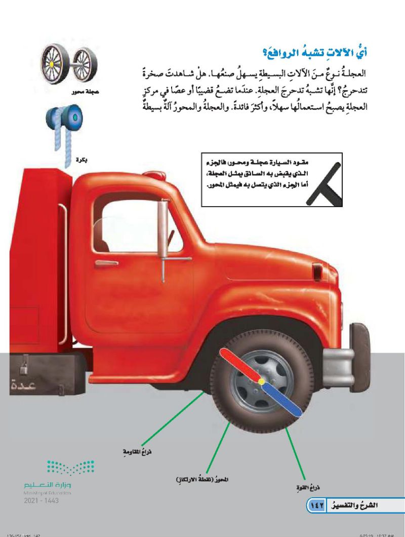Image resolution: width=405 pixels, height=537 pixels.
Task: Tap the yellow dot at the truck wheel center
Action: [x=261, y=381]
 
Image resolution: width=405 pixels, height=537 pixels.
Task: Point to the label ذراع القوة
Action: [x=309, y=487]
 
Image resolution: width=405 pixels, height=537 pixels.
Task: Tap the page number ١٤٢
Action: [x=317, y=506]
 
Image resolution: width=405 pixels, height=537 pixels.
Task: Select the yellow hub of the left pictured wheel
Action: [x=51, y=65]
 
